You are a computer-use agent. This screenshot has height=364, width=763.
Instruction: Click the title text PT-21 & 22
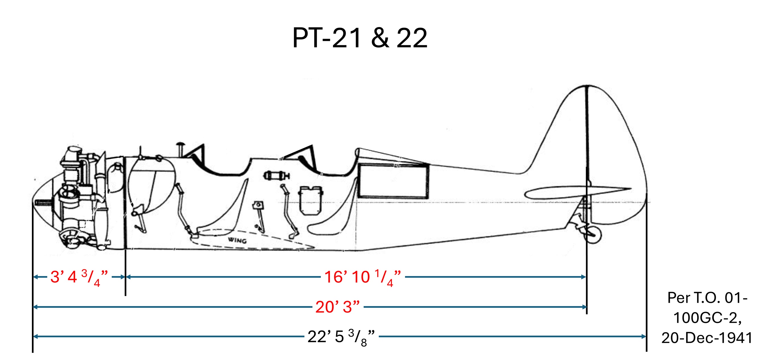pyautogui.click(x=360, y=38)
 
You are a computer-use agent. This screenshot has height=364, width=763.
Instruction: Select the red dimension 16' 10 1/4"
pyautogui.click(x=363, y=277)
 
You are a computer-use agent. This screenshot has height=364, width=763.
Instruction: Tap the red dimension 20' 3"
pyautogui.click(x=337, y=307)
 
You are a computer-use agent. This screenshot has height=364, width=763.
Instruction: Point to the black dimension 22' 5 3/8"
pyautogui.click(x=341, y=337)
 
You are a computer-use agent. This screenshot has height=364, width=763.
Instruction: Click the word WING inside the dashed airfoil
pyautogui.click(x=237, y=240)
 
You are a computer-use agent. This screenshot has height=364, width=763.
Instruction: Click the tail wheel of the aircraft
pyautogui.click(x=593, y=235)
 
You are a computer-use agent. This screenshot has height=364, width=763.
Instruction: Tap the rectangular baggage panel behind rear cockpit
pyautogui.click(x=393, y=181)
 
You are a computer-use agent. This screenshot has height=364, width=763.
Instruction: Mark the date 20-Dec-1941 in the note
pyautogui.click(x=707, y=338)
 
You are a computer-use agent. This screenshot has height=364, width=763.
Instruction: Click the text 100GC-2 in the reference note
pyautogui.click(x=707, y=318)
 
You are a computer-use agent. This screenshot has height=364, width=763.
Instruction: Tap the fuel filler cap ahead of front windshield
pyautogui.click(x=180, y=146)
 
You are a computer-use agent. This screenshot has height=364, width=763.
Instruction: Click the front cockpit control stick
pyautogui.click(x=184, y=207)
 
